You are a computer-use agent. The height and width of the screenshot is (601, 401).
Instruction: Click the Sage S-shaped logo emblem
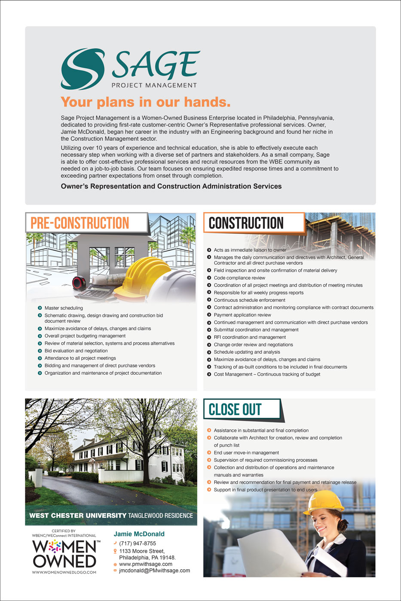click(x=83, y=69)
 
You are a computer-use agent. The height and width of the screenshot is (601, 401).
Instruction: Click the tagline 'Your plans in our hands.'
click(x=146, y=102)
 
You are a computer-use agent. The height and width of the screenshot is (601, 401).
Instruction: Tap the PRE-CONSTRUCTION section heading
click(x=80, y=223)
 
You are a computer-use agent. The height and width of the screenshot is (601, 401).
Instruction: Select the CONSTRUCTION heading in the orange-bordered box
click(x=246, y=223)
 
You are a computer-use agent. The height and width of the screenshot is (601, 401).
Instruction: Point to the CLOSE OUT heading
click(x=235, y=410)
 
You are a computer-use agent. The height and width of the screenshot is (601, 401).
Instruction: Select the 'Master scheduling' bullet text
click(x=64, y=308)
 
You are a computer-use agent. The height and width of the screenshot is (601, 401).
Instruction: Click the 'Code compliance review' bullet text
click(x=239, y=278)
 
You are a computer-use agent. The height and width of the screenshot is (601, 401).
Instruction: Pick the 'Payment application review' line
click(x=242, y=315)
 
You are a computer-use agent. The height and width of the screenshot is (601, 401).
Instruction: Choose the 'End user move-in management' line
click(x=246, y=452)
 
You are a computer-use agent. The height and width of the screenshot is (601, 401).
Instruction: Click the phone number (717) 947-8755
click(x=138, y=543)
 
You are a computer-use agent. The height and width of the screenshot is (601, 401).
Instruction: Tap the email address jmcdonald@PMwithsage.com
click(x=154, y=571)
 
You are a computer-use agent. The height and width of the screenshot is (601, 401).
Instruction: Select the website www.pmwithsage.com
click(x=146, y=564)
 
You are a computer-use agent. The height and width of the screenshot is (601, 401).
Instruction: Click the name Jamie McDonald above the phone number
click(x=139, y=534)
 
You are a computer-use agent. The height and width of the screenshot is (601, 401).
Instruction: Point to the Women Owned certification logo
click(x=64, y=553)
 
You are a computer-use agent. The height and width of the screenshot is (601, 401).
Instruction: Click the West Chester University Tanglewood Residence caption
click(x=111, y=516)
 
